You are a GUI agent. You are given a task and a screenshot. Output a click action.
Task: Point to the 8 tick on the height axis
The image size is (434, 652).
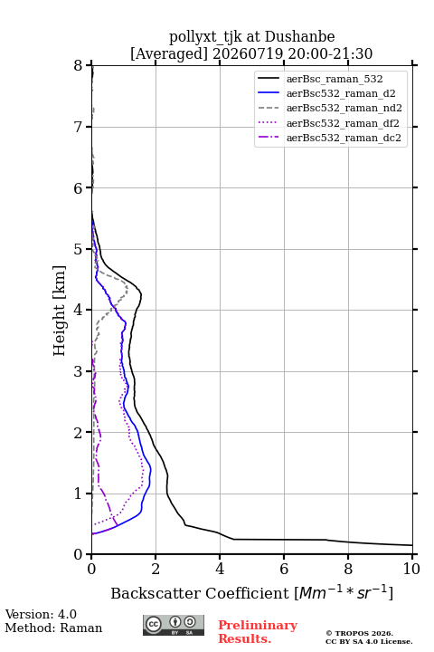point(79,65)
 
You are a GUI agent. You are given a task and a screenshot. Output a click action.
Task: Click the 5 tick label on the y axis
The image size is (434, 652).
point(79,249)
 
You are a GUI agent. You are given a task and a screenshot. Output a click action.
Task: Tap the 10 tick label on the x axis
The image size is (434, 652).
point(411,569)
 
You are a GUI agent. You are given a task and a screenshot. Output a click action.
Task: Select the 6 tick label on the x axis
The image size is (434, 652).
point(284,569)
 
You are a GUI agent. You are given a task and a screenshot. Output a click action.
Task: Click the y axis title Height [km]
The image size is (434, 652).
point(60,311)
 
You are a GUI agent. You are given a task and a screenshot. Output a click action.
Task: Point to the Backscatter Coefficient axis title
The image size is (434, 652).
point(251,592)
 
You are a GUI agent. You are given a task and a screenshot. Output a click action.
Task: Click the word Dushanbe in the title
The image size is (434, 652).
point(299,36)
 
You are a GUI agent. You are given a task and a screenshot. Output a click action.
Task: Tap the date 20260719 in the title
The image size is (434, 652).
point(248,53)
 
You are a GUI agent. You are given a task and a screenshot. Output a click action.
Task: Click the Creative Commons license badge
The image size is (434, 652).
point(174,625)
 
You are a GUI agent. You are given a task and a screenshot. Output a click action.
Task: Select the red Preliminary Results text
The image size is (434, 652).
point(258,632)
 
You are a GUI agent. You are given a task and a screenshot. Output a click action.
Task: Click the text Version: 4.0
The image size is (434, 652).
point(41,614)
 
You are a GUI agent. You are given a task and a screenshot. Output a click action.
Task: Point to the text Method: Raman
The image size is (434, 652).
point(53,628)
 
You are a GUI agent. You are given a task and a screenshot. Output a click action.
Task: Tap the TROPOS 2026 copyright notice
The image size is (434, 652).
point(359,633)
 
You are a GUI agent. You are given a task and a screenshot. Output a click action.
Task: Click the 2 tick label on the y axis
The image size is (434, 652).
point(79,433)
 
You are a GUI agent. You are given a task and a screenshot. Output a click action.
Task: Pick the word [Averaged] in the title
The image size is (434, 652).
point(168,53)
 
